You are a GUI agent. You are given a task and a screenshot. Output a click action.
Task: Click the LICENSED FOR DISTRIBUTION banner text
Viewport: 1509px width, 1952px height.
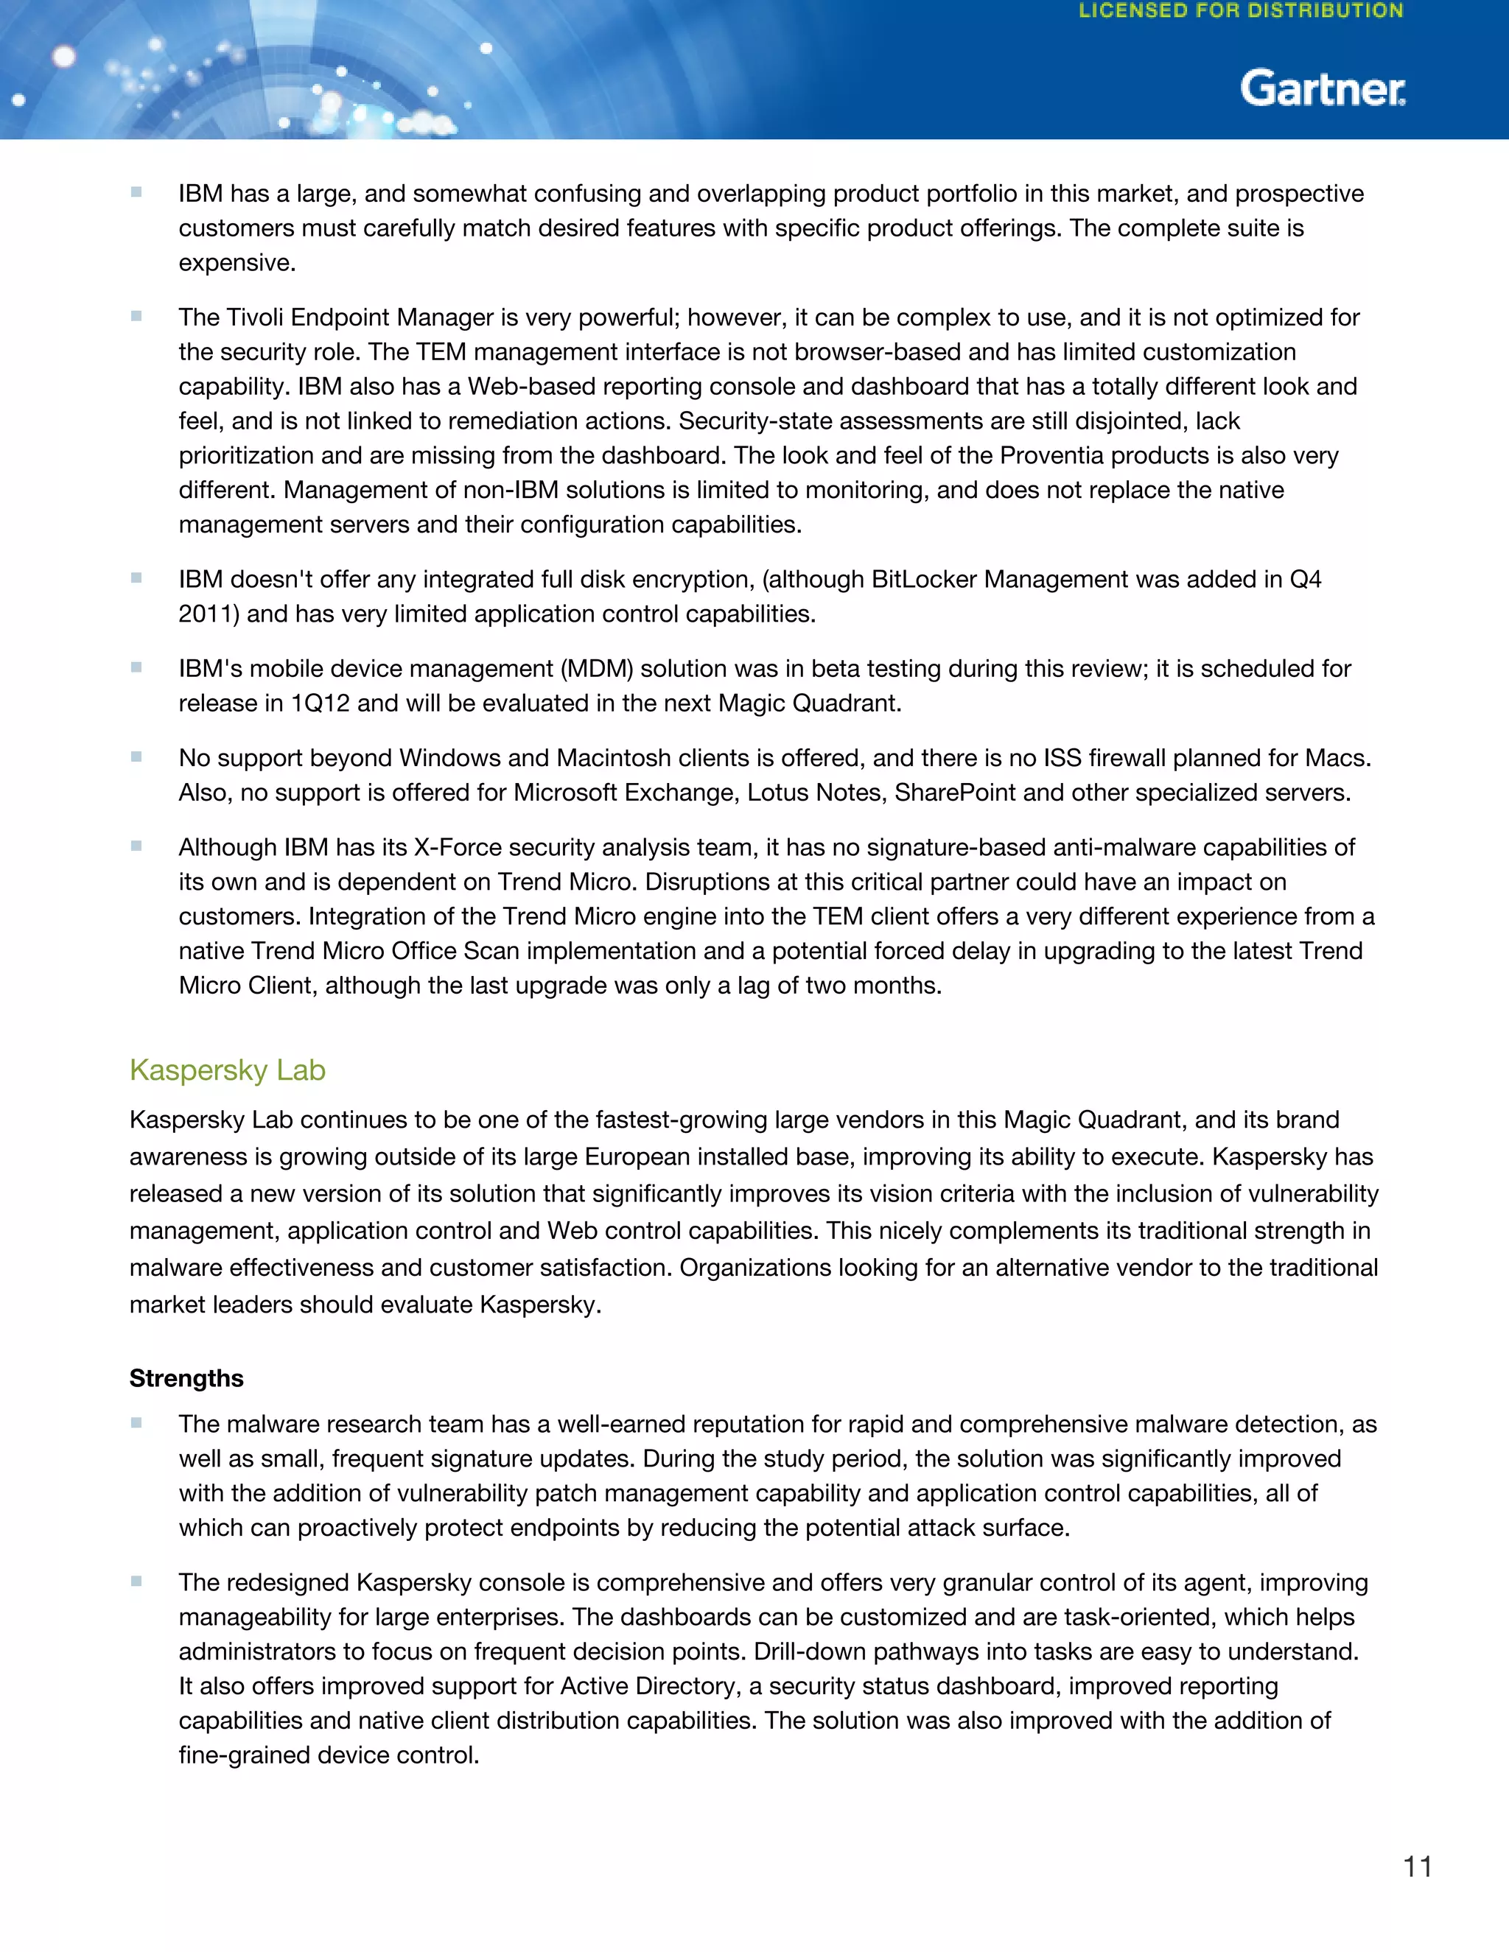coord(1241,12)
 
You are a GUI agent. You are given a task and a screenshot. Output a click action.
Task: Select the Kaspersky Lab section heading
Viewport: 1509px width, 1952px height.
coord(227,1070)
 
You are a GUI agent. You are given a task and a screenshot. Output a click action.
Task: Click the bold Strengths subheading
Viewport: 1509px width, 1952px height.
coord(186,1378)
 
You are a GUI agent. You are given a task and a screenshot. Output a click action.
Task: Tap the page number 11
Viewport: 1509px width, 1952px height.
coord(1417,1867)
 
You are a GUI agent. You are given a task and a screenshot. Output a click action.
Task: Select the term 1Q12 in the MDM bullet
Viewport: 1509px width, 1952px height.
coord(320,703)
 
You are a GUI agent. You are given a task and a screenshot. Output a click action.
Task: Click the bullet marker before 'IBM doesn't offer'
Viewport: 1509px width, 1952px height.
coord(136,578)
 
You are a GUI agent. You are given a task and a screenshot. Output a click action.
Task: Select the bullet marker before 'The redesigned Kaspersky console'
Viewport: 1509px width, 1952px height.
coord(136,1581)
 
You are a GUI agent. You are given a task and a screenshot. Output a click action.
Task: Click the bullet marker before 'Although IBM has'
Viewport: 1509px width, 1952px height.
coord(136,846)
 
